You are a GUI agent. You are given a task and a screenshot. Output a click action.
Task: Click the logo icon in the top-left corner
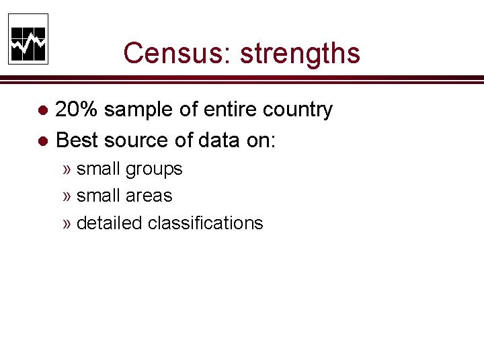[x=28, y=39]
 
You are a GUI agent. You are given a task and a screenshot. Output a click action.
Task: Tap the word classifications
[x=205, y=223]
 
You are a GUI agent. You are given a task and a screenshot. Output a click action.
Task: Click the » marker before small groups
[x=67, y=169]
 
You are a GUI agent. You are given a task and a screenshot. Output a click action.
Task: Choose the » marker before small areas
[x=67, y=196]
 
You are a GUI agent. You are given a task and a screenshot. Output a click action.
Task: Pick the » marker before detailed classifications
[x=67, y=223]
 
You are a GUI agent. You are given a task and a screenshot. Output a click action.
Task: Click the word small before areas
[x=99, y=196]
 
